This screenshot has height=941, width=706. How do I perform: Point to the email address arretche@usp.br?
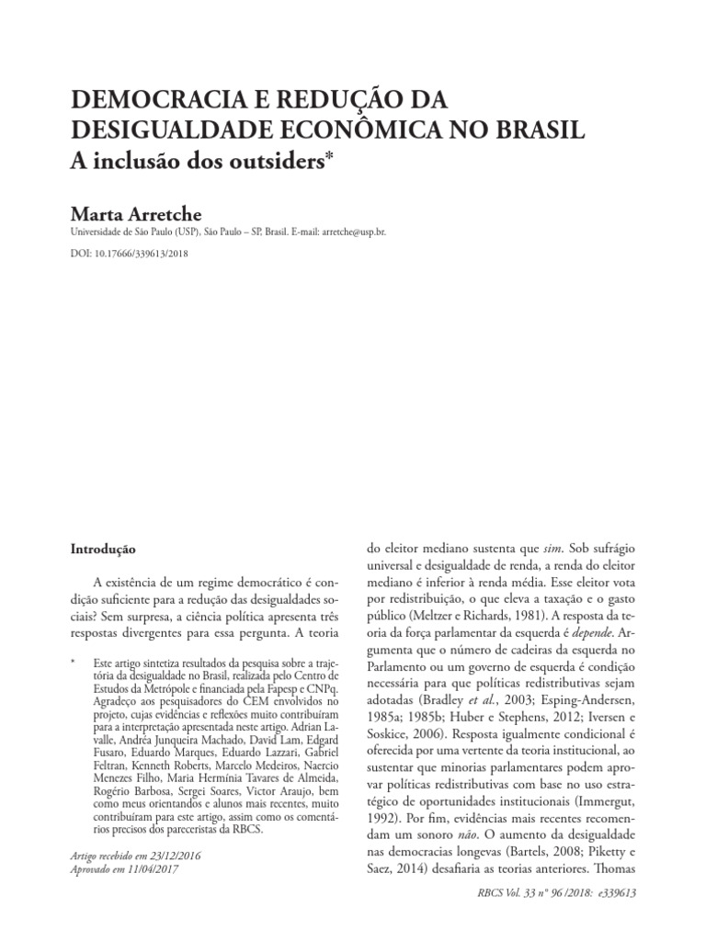(354, 233)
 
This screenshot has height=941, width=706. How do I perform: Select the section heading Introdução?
(103, 549)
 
